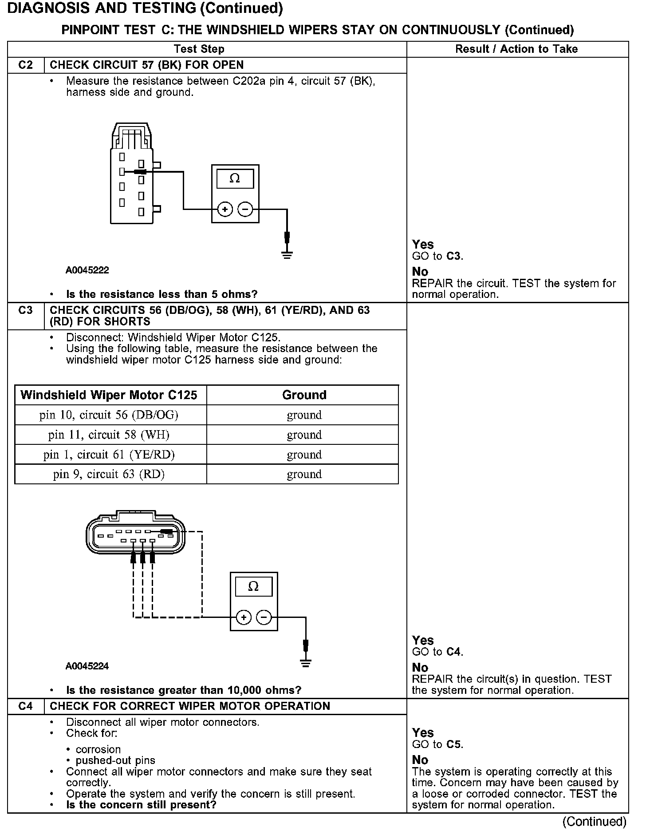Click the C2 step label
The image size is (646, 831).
click(x=26, y=65)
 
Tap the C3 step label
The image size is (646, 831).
click(x=26, y=310)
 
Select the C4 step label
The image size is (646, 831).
click(x=26, y=706)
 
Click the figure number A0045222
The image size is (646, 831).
click(x=87, y=270)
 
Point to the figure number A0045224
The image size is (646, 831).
click(x=87, y=666)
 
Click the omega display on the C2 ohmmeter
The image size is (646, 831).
click(x=235, y=178)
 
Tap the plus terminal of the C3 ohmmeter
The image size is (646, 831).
click(x=244, y=617)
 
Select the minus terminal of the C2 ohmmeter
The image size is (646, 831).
click(x=245, y=209)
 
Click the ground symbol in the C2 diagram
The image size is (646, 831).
click(x=287, y=255)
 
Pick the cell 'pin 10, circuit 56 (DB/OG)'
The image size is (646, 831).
click(x=109, y=415)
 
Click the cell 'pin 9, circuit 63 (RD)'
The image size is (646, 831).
click(x=109, y=474)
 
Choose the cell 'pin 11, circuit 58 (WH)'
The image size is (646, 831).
click(x=109, y=435)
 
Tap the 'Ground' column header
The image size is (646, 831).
click(x=304, y=395)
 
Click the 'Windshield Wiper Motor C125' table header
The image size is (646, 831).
click(x=109, y=395)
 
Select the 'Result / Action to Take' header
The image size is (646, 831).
click(x=516, y=49)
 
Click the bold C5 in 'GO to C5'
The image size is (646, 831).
click(x=454, y=744)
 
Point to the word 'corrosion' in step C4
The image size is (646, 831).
click(x=98, y=749)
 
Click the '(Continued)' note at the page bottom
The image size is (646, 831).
click(x=594, y=822)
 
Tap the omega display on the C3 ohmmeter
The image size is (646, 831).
click(x=253, y=587)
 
